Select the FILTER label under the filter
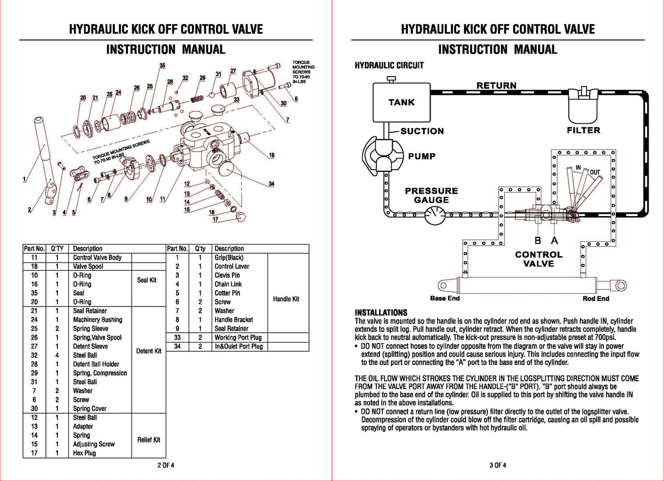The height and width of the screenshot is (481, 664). [x=583, y=130]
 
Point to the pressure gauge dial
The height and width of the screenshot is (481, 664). [x=435, y=216]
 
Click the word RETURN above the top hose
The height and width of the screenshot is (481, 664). [x=496, y=85]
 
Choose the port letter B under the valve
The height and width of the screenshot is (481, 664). [x=538, y=240]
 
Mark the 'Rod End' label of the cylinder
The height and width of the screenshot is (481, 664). [x=596, y=299]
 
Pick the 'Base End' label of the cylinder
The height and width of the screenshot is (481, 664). [x=445, y=298]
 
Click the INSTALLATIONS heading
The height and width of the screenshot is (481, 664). [x=381, y=312]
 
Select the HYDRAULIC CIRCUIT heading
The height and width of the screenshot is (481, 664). [x=389, y=66]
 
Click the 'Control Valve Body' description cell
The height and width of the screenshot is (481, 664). [x=97, y=258]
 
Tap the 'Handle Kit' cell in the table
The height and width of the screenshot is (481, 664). [x=286, y=299]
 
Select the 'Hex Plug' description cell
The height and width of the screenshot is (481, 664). [x=85, y=453]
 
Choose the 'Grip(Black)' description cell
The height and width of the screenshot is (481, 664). [x=229, y=258]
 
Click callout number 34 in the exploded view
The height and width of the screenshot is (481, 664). [x=271, y=184]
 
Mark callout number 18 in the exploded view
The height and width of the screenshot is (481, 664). [x=272, y=155]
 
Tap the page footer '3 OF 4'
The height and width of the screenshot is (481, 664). [x=498, y=466]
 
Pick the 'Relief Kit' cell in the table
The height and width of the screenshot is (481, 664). [x=149, y=440]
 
